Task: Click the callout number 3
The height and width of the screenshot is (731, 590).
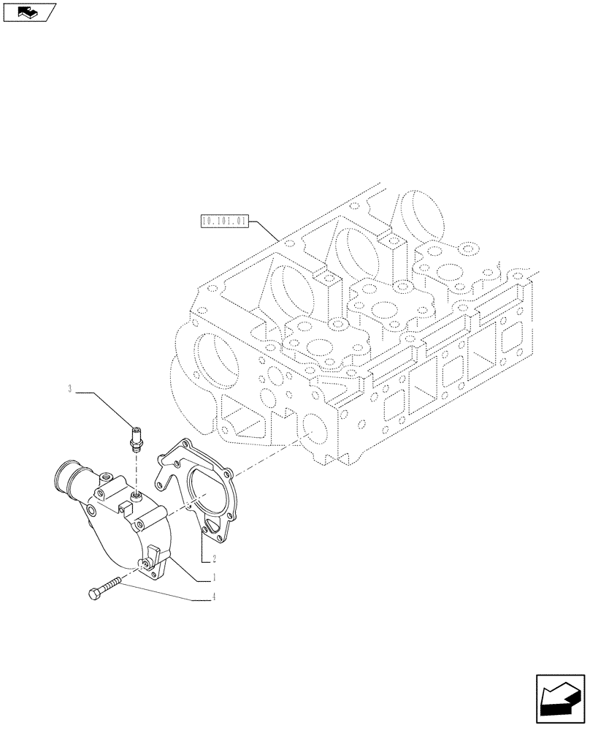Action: pyautogui.click(x=70, y=389)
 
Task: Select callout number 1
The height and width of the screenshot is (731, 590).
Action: pyautogui.click(x=213, y=578)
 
